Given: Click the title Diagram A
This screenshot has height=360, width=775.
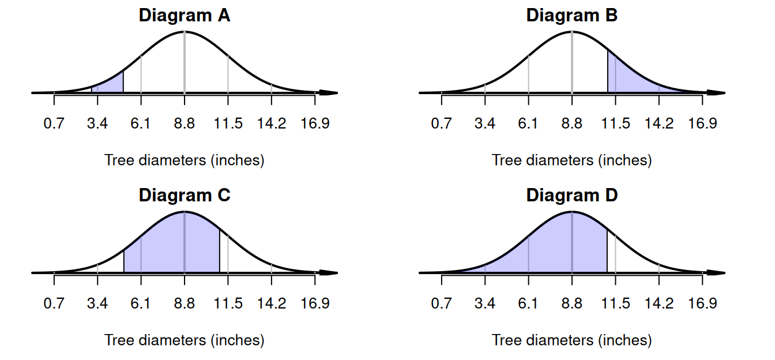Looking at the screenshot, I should [x=184, y=16].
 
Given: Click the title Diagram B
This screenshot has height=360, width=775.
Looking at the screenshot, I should [x=571, y=16].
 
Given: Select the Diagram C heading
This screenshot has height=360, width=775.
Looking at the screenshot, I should [x=184, y=196].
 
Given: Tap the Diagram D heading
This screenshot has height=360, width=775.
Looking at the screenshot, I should [x=571, y=196].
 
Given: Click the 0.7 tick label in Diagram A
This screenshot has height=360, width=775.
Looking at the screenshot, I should [x=54, y=124].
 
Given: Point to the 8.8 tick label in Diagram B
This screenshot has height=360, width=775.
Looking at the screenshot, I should [x=571, y=124].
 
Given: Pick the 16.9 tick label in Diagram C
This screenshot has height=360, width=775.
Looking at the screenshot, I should [x=315, y=304].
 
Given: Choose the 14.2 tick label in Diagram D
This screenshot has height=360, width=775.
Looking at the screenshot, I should [x=659, y=304].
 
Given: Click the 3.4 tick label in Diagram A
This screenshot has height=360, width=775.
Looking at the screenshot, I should [x=97, y=124].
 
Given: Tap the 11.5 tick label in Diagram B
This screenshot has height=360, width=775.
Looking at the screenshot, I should [x=615, y=124].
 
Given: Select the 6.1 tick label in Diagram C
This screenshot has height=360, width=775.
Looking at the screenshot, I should [x=141, y=304].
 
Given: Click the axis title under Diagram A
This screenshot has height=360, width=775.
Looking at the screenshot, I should [x=184, y=160].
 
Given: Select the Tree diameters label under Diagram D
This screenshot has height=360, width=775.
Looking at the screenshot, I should [x=571, y=340].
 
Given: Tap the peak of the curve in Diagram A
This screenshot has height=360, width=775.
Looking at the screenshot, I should [x=184, y=32].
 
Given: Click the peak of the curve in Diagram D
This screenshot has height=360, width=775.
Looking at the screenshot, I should [x=571, y=212].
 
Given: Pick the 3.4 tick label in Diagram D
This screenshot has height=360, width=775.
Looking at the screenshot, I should [x=485, y=304].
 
